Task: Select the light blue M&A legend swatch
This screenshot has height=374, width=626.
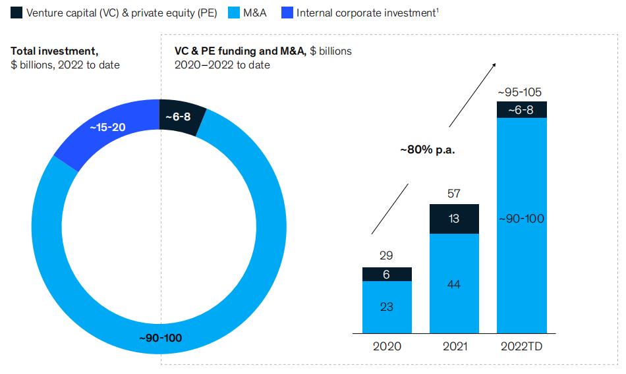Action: pyautogui.click(x=233, y=13)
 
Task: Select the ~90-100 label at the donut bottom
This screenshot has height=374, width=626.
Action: pyautogui.click(x=160, y=338)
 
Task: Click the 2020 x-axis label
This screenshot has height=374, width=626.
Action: pyautogui.click(x=386, y=346)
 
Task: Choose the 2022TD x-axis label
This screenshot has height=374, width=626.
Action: pyautogui.click(x=521, y=346)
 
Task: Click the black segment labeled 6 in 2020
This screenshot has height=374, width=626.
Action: pyautogui.click(x=387, y=275)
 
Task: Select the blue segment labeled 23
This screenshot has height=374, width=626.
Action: pyautogui.click(x=387, y=306)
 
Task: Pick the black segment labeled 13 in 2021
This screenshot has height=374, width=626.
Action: pyautogui.click(x=454, y=219)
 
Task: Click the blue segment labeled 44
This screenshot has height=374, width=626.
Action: pyautogui.click(x=454, y=284)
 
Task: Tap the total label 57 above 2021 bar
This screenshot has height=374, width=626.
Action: pyautogui.click(x=454, y=194)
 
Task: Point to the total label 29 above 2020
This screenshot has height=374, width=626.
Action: pyautogui.click(x=387, y=255)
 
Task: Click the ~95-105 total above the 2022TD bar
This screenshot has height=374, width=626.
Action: pyautogui.click(x=521, y=92)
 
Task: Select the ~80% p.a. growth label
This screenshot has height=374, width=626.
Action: pyautogui.click(x=428, y=149)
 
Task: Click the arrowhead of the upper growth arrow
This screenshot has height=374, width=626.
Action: pyautogui.click(x=495, y=64)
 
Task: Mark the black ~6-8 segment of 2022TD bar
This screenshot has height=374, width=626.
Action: pyautogui.click(x=521, y=110)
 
